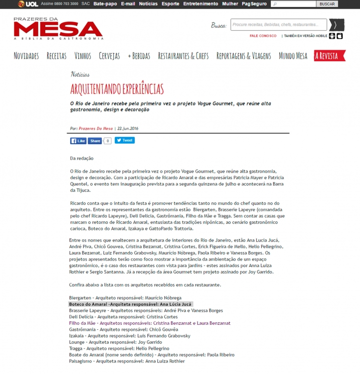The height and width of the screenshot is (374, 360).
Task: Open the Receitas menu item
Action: pyautogui.click(x=56, y=56)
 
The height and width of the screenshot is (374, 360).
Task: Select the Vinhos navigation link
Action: pyautogui.click(x=83, y=56)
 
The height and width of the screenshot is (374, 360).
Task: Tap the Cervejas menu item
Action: pyautogui.click(x=109, y=56)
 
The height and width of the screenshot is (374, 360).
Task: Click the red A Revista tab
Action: pyautogui.click(x=326, y=56)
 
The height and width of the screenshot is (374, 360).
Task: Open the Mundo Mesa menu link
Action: pyautogui.click(x=293, y=56)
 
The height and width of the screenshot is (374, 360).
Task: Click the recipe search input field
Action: pyautogui.click(x=278, y=25)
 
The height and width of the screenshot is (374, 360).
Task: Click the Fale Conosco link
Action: pyautogui.click(x=263, y=36)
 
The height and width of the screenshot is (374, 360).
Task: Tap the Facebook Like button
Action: pyautogui.click(x=78, y=141)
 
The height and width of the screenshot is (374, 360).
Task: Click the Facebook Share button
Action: pyautogui.click(x=95, y=141)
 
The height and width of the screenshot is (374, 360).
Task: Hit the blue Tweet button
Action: pyautogui.click(x=124, y=141)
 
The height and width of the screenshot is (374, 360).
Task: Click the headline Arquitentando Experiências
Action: pyautogui.click(x=117, y=89)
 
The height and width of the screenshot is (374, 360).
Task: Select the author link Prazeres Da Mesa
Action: pyautogui.click(x=96, y=129)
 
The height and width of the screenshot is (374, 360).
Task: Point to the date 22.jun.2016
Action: pyautogui.click(x=128, y=129)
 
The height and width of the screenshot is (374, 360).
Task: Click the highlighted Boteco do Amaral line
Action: pyautogui.click(x=130, y=304)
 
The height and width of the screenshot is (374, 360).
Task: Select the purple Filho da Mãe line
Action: pyautogui.click(x=149, y=323)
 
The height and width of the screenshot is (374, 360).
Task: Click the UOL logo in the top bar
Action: pyautogui.click(x=28, y=4)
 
